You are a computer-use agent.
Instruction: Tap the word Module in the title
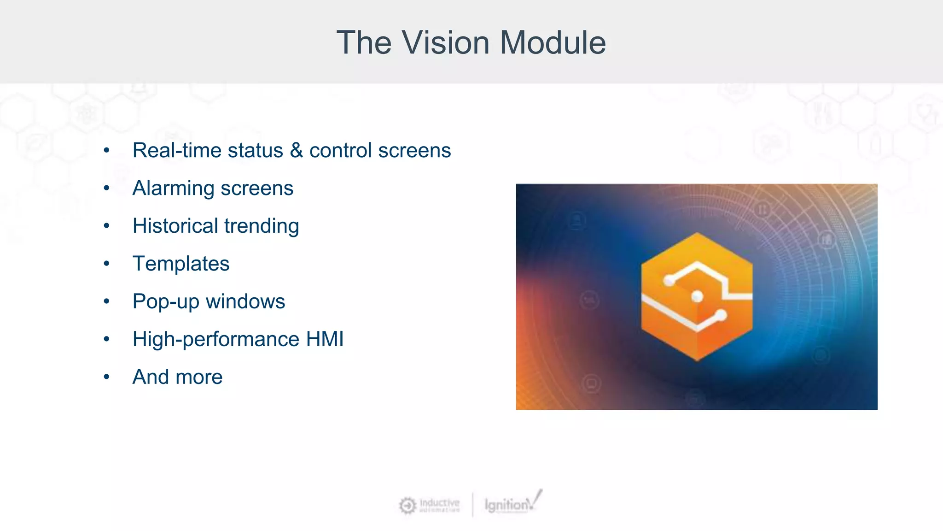point(553,42)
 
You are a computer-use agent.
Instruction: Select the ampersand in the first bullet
point(296,150)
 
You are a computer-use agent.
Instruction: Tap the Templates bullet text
point(181,264)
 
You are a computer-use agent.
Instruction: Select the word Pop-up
point(166,302)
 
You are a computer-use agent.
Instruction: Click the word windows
point(245,301)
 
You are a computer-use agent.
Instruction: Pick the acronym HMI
point(325,339)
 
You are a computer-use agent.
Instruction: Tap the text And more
point(177,377)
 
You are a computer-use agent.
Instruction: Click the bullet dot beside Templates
point(107,264)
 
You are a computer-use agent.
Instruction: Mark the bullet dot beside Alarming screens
point(107,188)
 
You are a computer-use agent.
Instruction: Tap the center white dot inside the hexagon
point(697,296)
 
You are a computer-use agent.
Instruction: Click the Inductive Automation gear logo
point(407,505)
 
